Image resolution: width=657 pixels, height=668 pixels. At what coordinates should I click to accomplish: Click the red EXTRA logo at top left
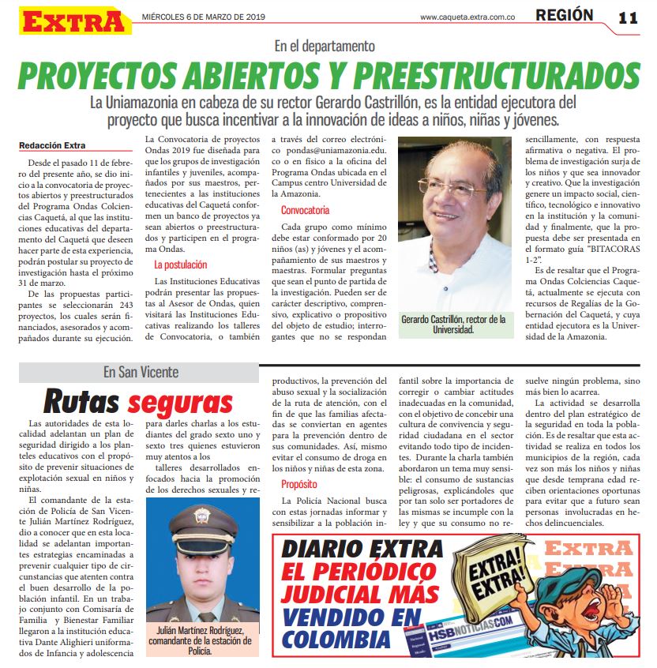tap(75, 20)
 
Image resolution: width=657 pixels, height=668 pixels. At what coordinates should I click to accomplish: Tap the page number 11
tap(628, 17)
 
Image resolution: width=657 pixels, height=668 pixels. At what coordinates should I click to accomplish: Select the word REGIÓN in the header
tap(564, 15)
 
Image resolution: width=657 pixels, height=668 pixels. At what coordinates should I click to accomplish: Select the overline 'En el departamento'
tap(325, 47)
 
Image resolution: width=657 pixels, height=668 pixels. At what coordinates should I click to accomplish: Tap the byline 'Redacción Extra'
tap(53, 145)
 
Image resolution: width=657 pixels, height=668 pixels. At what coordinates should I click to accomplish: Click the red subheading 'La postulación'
tap(180, 265)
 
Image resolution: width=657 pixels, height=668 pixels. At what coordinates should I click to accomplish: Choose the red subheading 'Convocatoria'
tap(306, 210)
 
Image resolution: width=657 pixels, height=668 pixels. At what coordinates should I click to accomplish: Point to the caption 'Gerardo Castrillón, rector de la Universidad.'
tap(453, 325)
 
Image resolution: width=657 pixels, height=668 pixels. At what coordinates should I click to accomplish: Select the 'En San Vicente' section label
tap(141, 372)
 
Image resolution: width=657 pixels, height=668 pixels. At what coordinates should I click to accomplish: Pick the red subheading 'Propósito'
tap(298, 483)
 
